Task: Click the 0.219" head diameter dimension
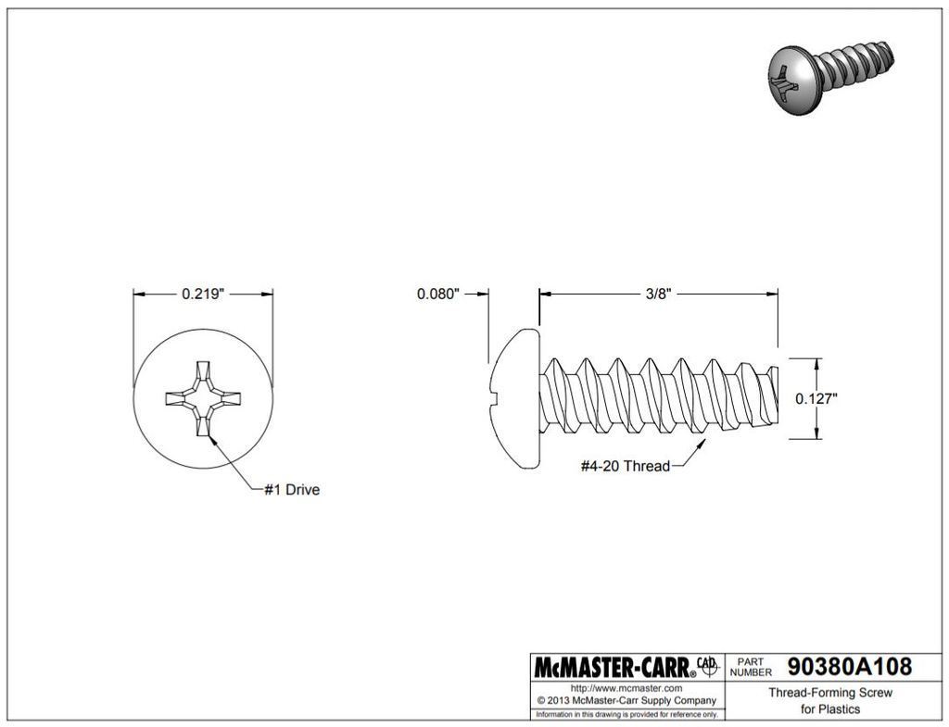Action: pos(203,295)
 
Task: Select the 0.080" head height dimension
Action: pos(438,295)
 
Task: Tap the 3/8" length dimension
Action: pos(658,295)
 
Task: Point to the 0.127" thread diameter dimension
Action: pos(816,399)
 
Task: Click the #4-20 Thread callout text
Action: pos(625,466)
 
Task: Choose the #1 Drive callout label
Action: pos(292,490)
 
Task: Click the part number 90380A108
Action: pos(849,667)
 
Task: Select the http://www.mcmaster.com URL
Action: pos(626,688)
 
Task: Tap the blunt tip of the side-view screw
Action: pos(773,398)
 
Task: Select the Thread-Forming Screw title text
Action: pos(829,693)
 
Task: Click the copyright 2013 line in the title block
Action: pos(626,700)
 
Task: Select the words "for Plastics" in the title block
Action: pos(829,709)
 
